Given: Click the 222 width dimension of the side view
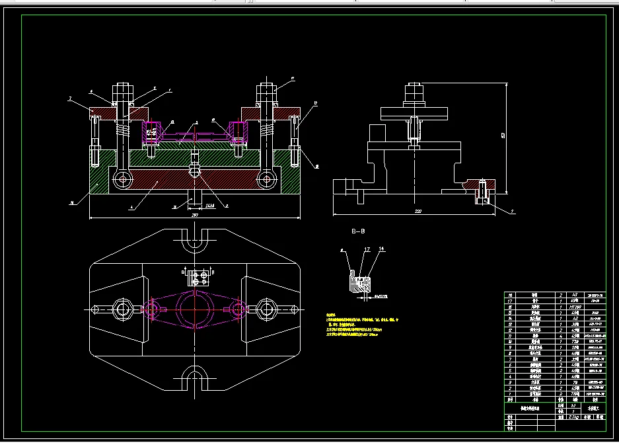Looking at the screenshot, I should tap(418, 212).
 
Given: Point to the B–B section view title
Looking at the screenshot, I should tap(358, 231).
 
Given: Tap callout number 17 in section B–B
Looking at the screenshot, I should tap(367, 249).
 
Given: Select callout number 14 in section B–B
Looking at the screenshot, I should tap(381, 249).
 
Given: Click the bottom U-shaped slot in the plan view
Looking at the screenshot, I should tap(195, 378).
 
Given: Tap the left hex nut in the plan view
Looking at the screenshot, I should tap(122, 308).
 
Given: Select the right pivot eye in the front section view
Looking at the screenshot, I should tap(266, 178).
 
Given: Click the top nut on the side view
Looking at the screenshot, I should tap(414, 90).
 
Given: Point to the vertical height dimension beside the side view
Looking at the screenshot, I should tap(504, 136).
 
